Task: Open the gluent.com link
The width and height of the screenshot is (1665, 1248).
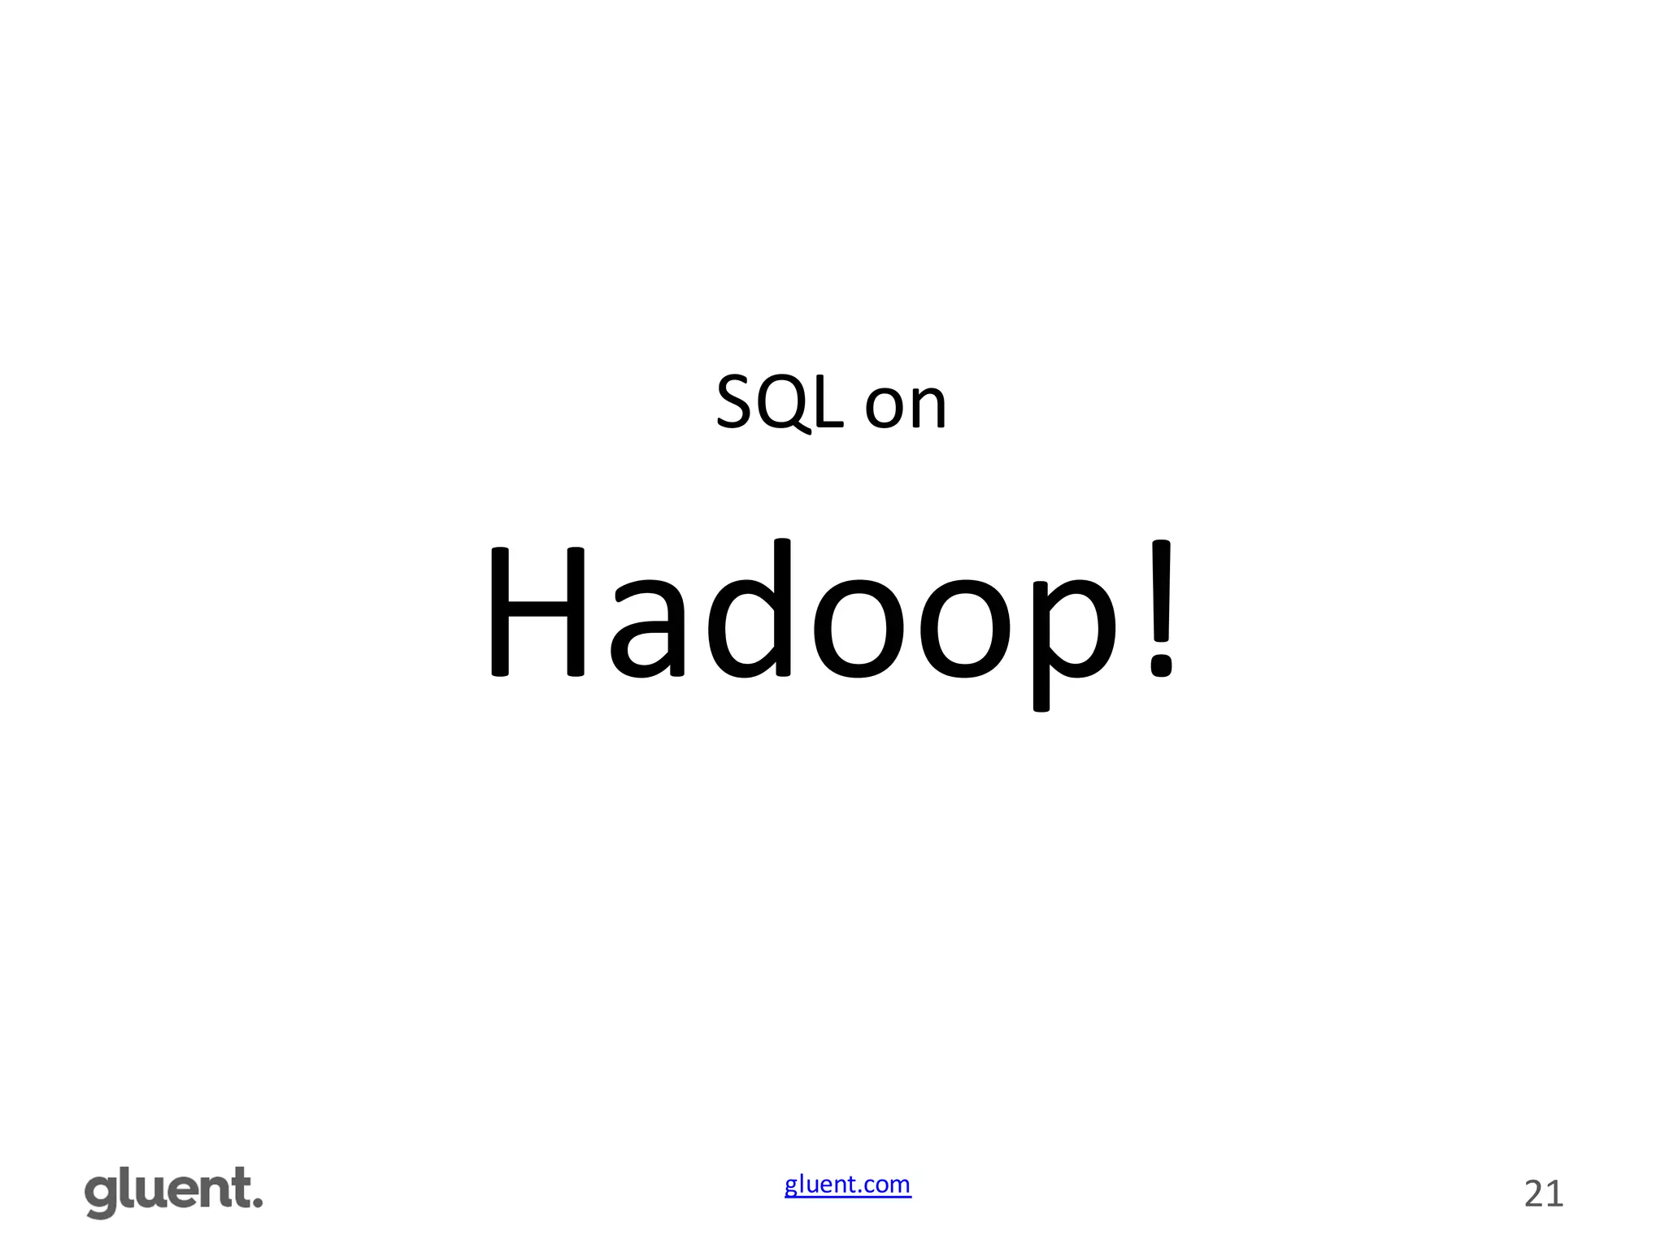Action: click(x=847, y=1185)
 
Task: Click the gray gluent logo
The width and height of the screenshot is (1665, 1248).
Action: click(x=173, y=1193)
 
